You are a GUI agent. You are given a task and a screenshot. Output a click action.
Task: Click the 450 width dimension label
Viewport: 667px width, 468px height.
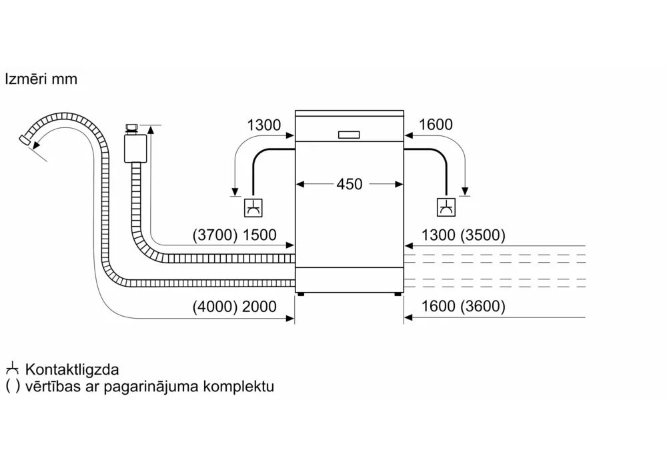(x=349, y=183)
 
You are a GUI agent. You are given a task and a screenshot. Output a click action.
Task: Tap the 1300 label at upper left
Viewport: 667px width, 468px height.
(x=264, y=125)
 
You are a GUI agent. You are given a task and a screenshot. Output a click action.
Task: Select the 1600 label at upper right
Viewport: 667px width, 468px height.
(x=436, y=125)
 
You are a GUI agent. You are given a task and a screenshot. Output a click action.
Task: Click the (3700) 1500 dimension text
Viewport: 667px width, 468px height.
(x=235, y=235)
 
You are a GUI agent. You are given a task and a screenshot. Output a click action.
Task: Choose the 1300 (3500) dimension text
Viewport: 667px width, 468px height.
(x=464, y=235)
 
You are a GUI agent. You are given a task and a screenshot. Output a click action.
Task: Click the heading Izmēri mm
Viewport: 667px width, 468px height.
(x=41, y=79)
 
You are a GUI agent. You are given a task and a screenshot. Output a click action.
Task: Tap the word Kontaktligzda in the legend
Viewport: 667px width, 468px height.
(x=72, y=369)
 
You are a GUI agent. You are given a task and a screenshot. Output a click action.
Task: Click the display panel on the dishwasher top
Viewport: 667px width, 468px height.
(x=349, y=135)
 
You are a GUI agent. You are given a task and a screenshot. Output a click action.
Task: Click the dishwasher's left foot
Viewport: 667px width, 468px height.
(x=301, y=293)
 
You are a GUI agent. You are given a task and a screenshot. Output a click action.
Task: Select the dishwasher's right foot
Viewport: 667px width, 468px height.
(x=398, y=293)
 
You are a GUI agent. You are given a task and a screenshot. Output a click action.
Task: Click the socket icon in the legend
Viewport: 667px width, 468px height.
(x=11, y=369)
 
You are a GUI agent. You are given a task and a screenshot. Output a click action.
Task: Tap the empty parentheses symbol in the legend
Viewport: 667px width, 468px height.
(x=11, y=387)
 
